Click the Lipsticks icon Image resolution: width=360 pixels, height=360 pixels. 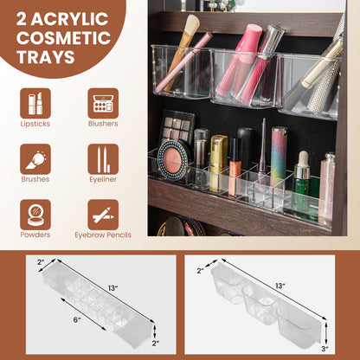[x=35, y=104]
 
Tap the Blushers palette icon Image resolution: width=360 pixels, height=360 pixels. [x=103, y=104]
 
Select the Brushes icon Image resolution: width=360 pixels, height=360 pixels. [x=35, y=159]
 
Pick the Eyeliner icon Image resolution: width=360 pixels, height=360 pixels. [x=103, y=159]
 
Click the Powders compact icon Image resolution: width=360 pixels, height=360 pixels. [x=35, y=215]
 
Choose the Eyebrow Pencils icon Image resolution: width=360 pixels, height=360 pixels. [x=103, y=215]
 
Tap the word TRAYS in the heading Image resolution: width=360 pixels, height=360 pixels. [x=46, y=56]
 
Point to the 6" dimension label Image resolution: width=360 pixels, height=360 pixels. [x=77, y=319]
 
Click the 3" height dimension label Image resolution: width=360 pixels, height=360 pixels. [x=325, y=349]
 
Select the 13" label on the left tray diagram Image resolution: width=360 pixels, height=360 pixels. [x=113, y=288]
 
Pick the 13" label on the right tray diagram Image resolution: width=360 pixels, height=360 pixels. [x=280, y=286]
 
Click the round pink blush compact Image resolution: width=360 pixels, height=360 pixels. [x=174, y=160]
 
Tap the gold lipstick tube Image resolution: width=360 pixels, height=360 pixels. [x=218, y=163]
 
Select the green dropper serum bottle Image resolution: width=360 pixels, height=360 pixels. [x=302, y=182]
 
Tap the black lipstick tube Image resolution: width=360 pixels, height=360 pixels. [x=245, y=147]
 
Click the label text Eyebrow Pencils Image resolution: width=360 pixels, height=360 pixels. [x=103, y=235]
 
